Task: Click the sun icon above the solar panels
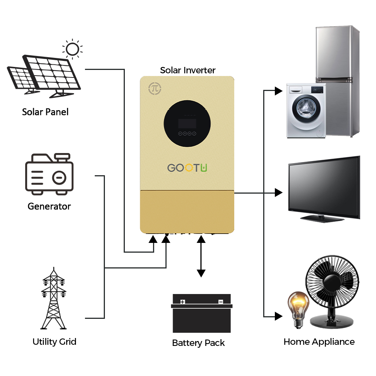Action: tap(73, 49)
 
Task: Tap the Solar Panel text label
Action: tap(45, 112)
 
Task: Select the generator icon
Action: tap(49, 174)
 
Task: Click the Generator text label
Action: tap(49, 206)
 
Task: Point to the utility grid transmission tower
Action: tap(53, 298)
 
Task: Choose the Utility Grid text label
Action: tap(55, 342)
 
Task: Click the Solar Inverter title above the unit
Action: tap(188, 70)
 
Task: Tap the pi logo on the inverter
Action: tap(155, 88)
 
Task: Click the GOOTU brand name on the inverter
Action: tap(187, 168)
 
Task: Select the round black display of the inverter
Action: tap(187, 123)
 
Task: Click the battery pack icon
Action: tap(202, 313)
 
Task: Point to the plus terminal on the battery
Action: tap(182, 302)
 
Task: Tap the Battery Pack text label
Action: tap(198, 343)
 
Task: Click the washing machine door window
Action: tap(306, 109)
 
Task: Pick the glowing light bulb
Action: tap(298, 309)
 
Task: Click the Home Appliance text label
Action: tap(319, 342)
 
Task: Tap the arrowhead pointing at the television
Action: tap(279, 193)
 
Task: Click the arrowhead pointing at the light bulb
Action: tap(279, 316)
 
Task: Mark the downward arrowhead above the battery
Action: tap(201, 273)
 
